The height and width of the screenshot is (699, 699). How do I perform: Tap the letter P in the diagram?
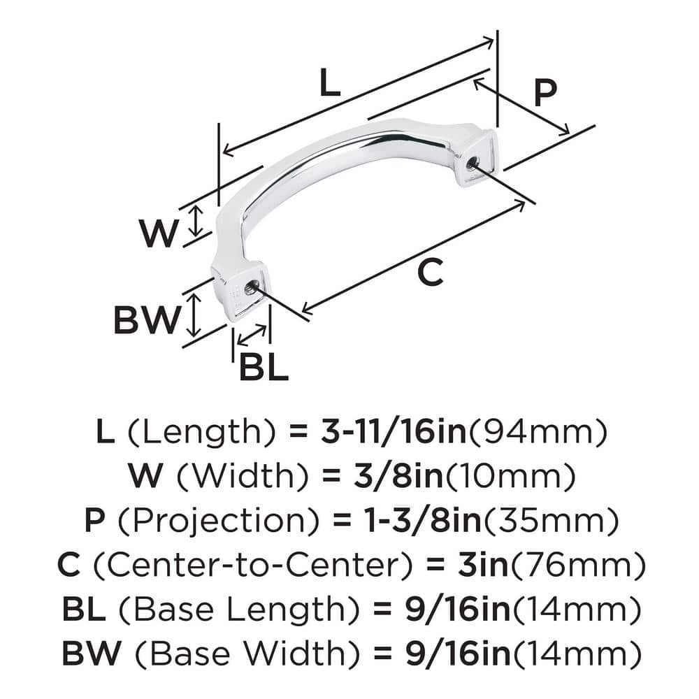(x=545, y=92)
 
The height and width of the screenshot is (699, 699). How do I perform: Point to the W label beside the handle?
(x=158, y=233)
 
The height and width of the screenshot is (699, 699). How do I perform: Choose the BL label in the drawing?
(x=264, y=367)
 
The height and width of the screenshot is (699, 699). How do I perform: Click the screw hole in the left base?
(x=249, y=284)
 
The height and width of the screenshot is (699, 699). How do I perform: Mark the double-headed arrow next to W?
(x=197, y=222)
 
